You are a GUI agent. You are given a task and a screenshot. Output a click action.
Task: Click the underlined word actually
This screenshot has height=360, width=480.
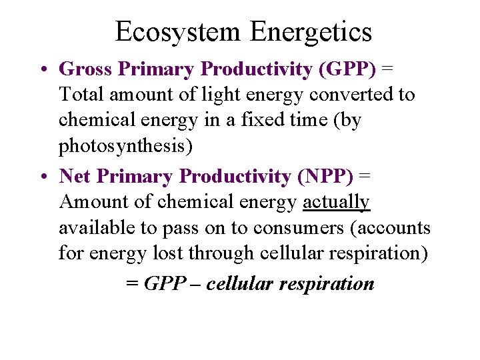[x=336, y=202]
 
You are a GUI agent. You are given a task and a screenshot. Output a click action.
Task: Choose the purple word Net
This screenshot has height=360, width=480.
[x=75, y=176]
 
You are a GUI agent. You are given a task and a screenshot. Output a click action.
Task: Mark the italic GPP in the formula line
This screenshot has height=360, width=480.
[x=164, y=283]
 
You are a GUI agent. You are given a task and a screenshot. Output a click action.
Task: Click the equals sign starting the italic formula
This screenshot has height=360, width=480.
[x=133, y=284]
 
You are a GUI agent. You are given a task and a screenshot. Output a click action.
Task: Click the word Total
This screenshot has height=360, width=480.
[x=81, y=94]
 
